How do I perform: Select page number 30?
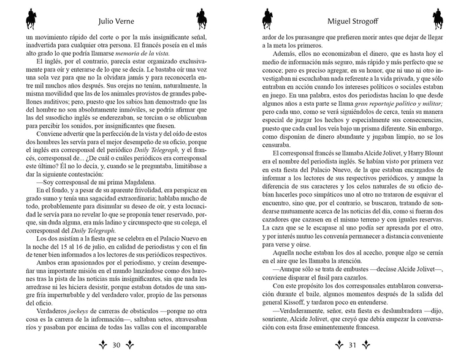coord(116,345)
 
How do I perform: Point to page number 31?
coord(353,345)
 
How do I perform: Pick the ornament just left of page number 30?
coord(102,345)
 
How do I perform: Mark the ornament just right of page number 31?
coord(367,345)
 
